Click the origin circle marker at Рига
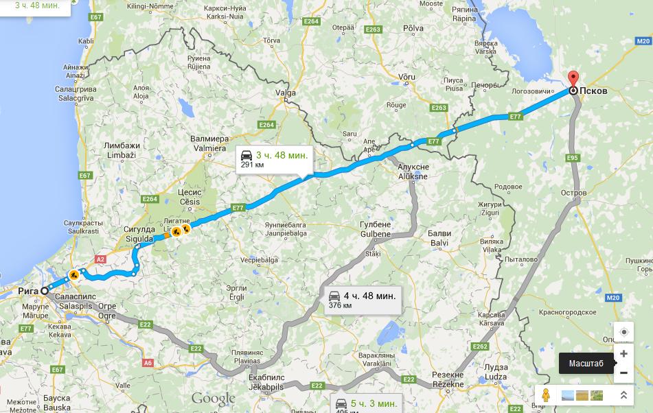point(45,291)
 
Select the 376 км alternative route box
point(363,300)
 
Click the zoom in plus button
point(623,354)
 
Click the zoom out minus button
point(623,373)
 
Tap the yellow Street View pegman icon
point(547,395)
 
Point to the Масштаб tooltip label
point(586,364)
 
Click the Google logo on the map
point(213,399)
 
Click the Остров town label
point(573,193)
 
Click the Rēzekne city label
point(448,384)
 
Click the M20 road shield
point(613,297)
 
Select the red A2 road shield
point(100,259)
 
